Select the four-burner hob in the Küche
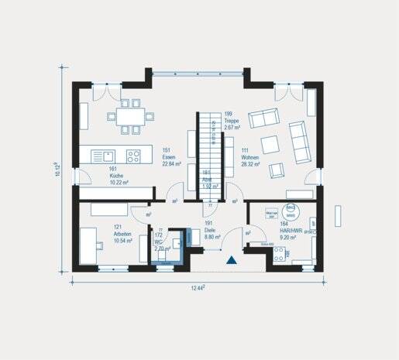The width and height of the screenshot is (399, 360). (x=133, y=156)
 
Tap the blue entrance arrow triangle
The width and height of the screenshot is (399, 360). (x=230, y=262)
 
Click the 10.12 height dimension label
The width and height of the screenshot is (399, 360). (x=57, y=169)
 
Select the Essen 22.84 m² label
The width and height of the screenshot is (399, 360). (x=171, y=158)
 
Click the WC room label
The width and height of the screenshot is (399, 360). (x=161, y=244)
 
